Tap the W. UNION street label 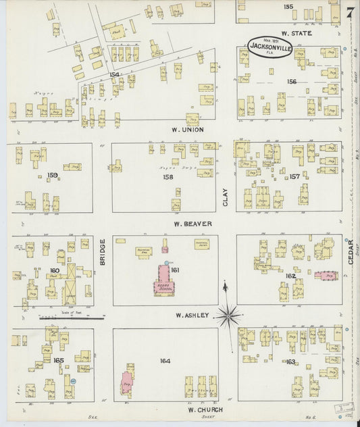click(188, 129)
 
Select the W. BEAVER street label click(192, 224)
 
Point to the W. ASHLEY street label click(193, 316)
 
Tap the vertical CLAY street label click(226, 197)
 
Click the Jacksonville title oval click(269, 46)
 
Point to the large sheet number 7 click(350, 13)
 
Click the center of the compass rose click(229, 314)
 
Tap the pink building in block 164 click(126, 382)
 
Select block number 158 click(168, 177)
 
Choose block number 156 click(291, 81)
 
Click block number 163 click(290, 362)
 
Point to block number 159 click(52, 176)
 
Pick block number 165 click(59, 360)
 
